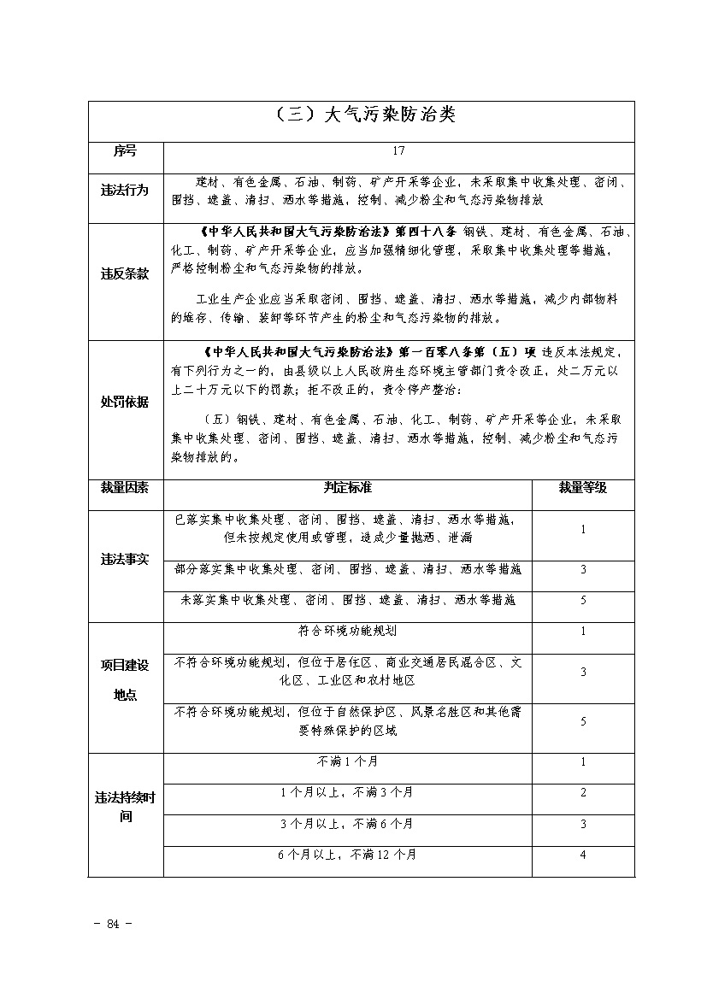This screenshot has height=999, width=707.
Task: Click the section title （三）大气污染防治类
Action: pyautogui.click(x=362, y=116)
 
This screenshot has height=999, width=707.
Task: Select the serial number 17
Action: pyautogui.click(x=398, y=151)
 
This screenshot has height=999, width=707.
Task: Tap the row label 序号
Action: pyautogui.click(x=125, y=151)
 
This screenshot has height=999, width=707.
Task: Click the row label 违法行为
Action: pyautogui.click(x=125, y=191)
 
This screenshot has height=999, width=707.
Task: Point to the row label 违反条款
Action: pyautogui.click(x=125, y=274)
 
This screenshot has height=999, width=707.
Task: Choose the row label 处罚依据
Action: pyautogui.click(x=125, y=402)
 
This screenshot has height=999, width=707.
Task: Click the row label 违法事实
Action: pyautogui.click(x=125, y=560)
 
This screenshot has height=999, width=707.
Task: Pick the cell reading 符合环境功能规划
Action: pyautogui.click(x=347, y=632)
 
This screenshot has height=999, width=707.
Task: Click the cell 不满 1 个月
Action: pyautogui.click(x=347, y=761)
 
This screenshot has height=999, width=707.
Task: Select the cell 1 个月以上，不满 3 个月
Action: pyautogui.click(x=347, y=792)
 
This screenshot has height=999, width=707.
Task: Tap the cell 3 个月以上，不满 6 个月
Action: pyautogui.click(x=347, y=824)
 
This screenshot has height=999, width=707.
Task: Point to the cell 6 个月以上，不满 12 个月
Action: pyautogui.click(x=347, y=855)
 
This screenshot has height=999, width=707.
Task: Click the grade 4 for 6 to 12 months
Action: pyautogui.click(x=582, y=855)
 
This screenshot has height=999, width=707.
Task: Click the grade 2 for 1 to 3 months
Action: pyautogui.click(x=582, y=792)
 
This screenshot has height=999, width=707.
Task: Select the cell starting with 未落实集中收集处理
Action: pyautogui.click(x=347, y=601)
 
